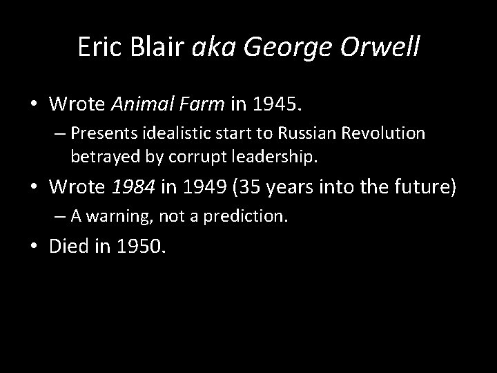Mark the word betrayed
[x=99, y=157]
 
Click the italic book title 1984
[x=130, y=186]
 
